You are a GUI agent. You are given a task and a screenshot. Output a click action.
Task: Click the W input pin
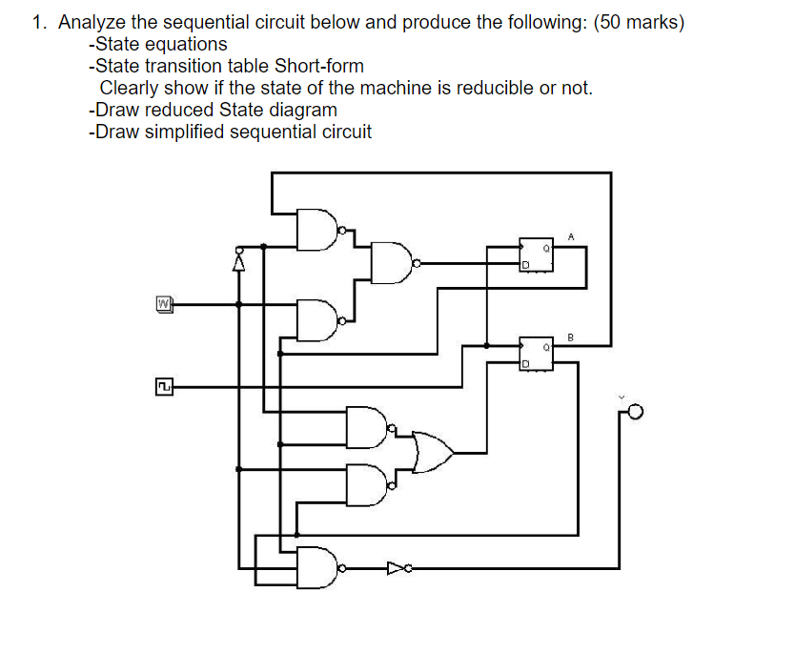[163, 304]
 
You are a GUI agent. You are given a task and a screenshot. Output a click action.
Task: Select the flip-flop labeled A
[535, 253]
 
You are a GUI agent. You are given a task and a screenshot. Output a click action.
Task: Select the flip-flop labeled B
[535, 353]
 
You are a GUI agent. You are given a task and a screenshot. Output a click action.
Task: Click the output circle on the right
[636, 412]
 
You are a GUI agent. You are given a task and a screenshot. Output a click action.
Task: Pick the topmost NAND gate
[317, 229]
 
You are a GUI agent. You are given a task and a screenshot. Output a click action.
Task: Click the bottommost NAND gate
[317, 568]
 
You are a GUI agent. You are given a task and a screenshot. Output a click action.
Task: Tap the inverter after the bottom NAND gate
[397, 569]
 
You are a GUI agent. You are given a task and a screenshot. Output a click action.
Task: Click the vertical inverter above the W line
[239, 257]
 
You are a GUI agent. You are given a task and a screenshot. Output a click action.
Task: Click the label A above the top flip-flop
[571, 234]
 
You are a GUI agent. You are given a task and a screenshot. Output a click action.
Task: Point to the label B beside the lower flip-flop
[571, 336]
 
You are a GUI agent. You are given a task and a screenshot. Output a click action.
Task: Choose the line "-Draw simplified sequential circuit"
[230, 132]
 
